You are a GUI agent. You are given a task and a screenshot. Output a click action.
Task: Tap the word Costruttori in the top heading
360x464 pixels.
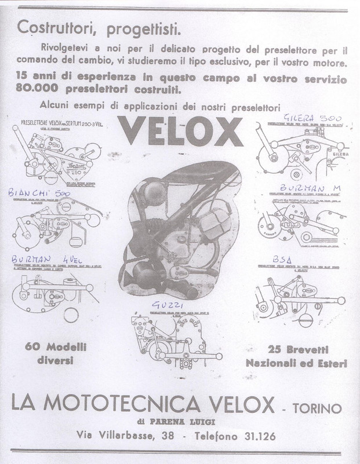(x=52, y=27)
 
